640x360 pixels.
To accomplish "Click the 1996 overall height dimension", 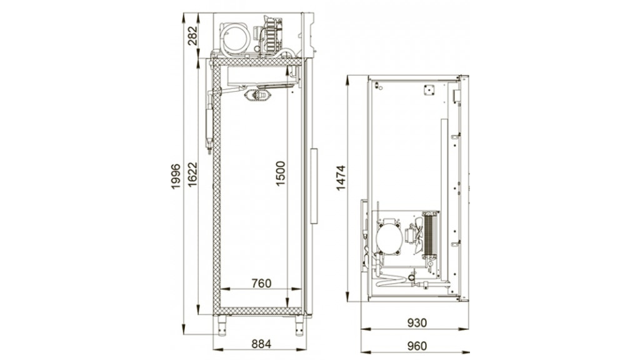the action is pyautogui.click(x=176, y=176).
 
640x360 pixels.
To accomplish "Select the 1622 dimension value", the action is pyautogui.click(x=192, y=175).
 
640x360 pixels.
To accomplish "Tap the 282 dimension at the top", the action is pyautogui.click(x=192, y=36).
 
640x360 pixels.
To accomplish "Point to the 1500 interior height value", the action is pyautogui.click(x=280, y=174).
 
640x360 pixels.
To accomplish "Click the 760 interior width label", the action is pyautogui.click(x=261, y=283).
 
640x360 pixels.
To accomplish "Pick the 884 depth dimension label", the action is pyautogui.click(x=261, y=344).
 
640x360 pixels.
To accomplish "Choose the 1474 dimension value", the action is pyautogui.click(x=341, y=178).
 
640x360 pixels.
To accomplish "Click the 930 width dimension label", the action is pyautogui.click(x=417, y=323).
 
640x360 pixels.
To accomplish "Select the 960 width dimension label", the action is pyautogui.click(x=417, y=346).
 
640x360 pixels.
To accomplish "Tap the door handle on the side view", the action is pyautogui.click(x=314, y=186).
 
